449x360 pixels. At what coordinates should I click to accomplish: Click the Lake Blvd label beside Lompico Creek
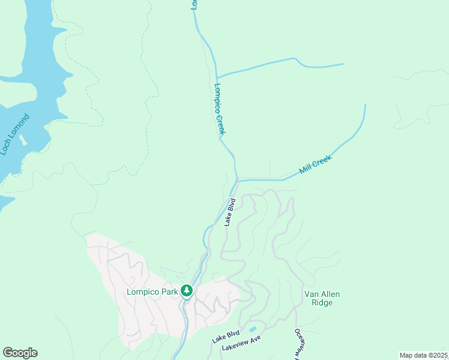229,212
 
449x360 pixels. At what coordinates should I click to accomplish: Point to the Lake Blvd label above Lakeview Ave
225,336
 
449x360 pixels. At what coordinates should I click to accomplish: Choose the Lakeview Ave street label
241,343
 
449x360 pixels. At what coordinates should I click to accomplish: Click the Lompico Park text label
152,292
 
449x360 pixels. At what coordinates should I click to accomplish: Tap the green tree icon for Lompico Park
187,291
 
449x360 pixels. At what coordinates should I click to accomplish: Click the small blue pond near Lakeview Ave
253,329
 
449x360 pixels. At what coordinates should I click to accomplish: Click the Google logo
20,353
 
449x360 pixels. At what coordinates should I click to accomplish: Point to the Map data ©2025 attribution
423,355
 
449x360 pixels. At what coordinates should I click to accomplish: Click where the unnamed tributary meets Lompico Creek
217,77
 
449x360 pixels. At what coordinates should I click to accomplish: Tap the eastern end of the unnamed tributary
343,64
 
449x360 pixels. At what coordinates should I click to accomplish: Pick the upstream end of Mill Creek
365,105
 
